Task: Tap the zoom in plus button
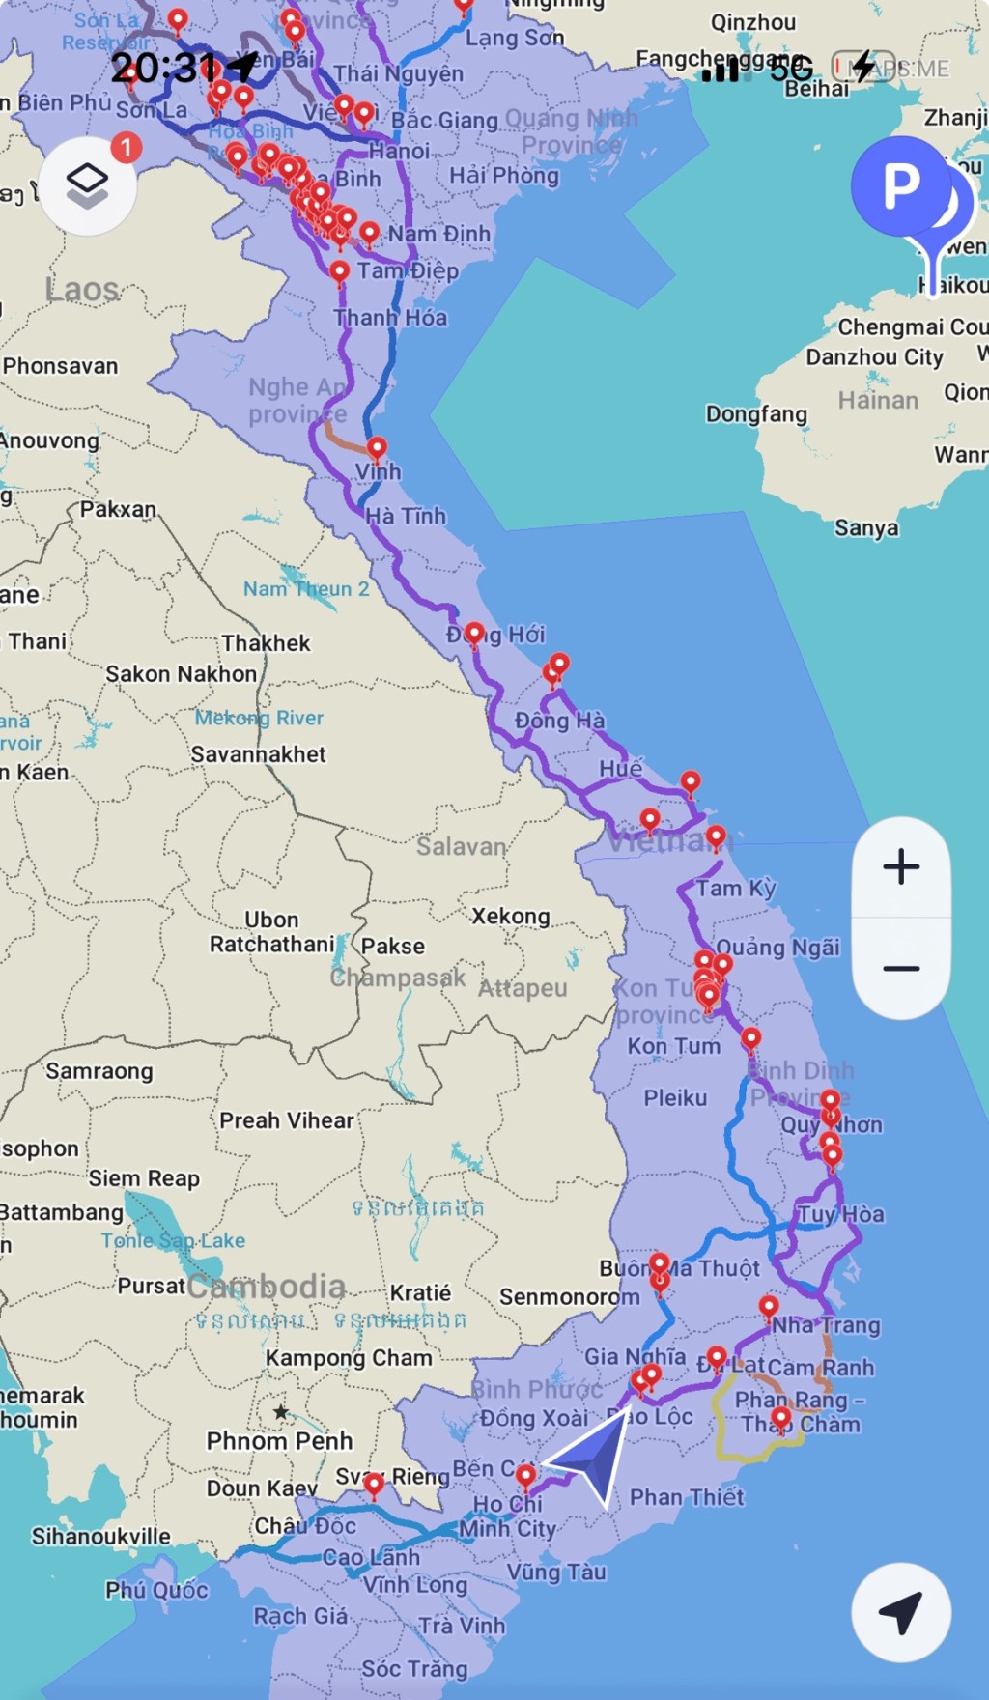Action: (x=901, y=866)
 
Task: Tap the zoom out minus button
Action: (x=901, y=968)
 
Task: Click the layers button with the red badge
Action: (x=88, y=184)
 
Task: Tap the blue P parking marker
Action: (x=901, y=186)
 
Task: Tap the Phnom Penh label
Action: (x=279, y=1440)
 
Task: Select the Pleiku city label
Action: (x=675, y=1098)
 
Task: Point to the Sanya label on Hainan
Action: (x=866, y=527)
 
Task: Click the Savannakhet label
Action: (x=258, y=754)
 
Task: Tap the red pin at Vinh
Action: (x=377, y=448)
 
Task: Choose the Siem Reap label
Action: (x=144, y=1178)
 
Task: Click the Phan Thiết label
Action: (x=687, y=1497)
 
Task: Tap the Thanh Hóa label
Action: (x=390, y=318)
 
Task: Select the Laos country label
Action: (x=82, y=289)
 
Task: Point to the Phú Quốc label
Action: (x=156, y=1589)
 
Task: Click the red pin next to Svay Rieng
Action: (x=374, y=1484)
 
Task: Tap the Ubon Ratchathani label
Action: (x=271, y=932)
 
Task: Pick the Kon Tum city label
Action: (x=673, y=1046)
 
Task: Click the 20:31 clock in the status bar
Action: (x=164, y=68)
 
